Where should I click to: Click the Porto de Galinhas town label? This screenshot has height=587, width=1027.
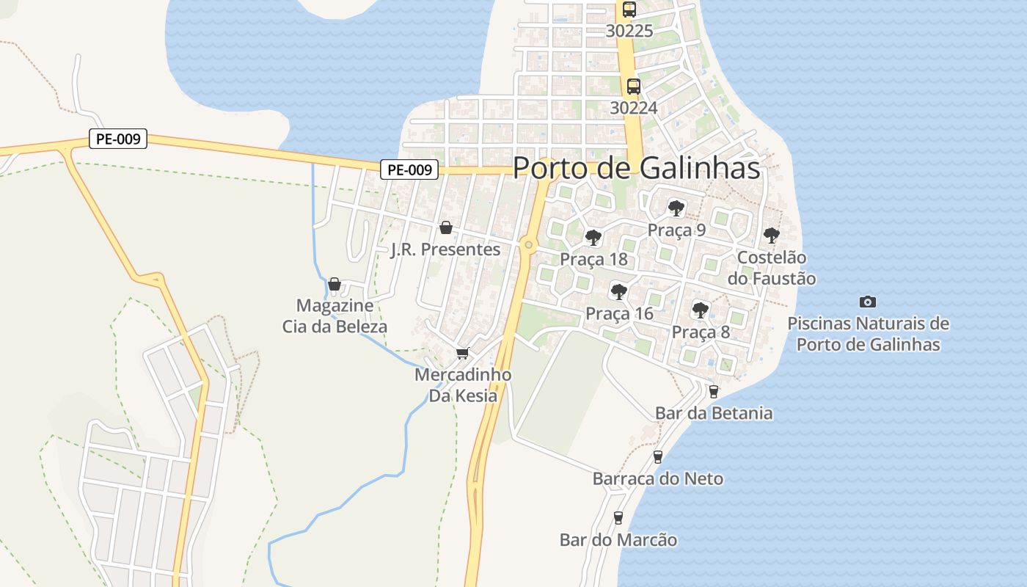pos(636,168)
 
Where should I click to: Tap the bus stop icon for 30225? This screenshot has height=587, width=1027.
pos(629,10)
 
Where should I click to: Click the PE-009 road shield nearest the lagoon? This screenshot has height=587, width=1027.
pos(118,139)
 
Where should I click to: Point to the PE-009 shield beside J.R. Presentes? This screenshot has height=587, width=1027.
pos(409,169)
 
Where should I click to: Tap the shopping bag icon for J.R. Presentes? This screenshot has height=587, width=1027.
pos(445,228)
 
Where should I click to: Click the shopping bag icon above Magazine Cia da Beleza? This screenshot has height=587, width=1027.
pos(335,284)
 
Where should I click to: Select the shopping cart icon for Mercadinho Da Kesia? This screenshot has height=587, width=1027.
pos(462,354)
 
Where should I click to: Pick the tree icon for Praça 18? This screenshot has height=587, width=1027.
pos(593,238)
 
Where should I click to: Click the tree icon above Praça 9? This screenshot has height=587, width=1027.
pos(676,208)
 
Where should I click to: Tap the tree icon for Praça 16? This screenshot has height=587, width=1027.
pos(619,292)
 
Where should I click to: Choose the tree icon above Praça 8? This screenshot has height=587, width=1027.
pos(701,310)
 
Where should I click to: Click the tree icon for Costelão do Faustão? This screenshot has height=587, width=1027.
pos(771,236)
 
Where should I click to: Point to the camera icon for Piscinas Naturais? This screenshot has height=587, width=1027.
pos(868,302)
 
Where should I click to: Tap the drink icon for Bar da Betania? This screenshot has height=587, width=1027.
pos(713,392)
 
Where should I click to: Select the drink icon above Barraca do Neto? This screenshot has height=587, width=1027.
pos(658,457)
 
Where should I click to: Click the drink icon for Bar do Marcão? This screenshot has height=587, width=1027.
pos(618,518)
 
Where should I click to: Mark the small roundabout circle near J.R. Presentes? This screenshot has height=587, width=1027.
pos(528,244)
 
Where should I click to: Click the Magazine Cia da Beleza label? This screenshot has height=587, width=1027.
pos(335,316)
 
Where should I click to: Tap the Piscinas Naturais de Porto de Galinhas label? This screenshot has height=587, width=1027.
pos(868,334)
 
